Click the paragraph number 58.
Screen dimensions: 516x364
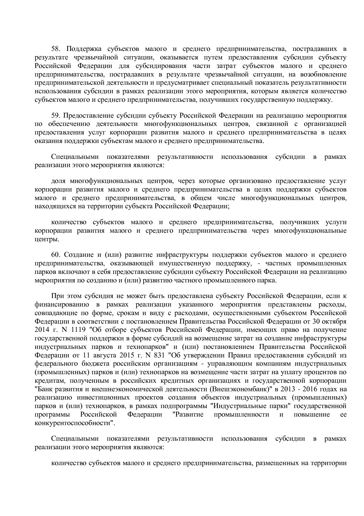click(x=55, y=49)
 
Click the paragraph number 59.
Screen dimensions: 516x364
click(x=55, y=115)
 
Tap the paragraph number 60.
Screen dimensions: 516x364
click(x=55, y=254)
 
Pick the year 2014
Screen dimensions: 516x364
click(x=41, y=329)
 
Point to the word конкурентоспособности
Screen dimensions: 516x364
click(x=74, y=423)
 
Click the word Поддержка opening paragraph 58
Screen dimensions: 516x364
click(x=83, y=49)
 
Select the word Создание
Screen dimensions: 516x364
click(x=77, y=254)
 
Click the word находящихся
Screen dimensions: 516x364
click(x=52, y=206)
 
